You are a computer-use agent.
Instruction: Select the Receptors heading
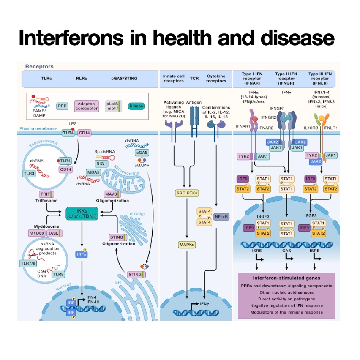pyautogui.click(x=39, y=66)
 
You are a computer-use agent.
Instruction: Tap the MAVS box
pyautogui.click(x=111, y=194)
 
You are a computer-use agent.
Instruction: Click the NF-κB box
pyautogui.click(x=221, y=216)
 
